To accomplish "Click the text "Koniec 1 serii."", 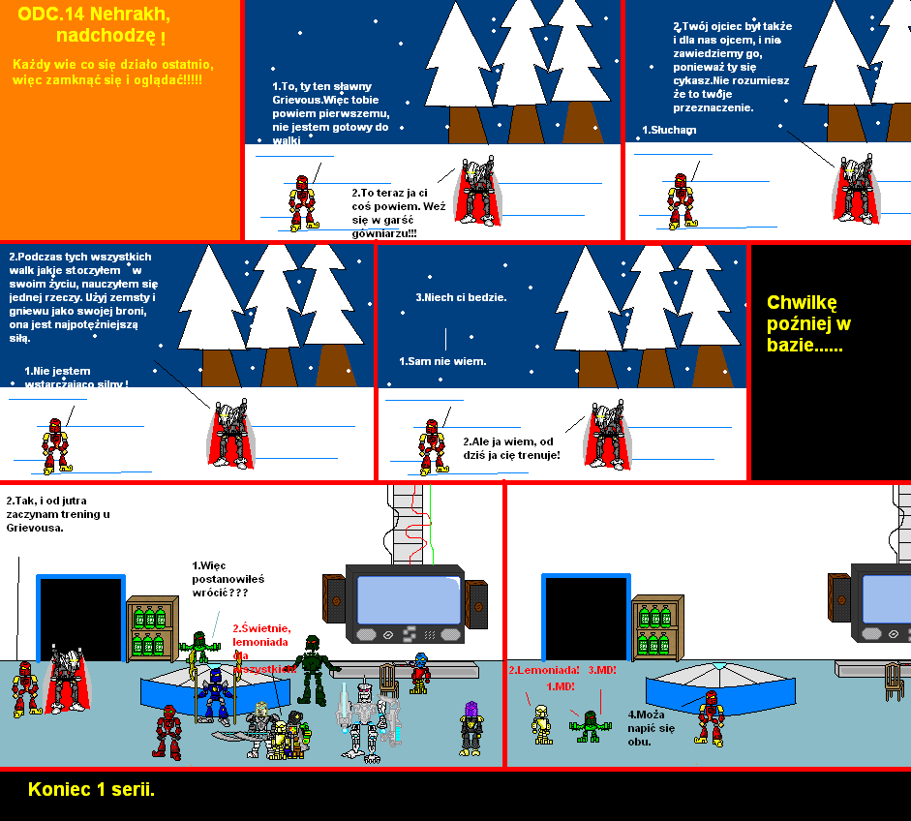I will (92, 789).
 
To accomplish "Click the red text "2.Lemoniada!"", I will (543, 670).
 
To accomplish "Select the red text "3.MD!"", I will (602, 670).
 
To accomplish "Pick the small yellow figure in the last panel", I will (542, 723).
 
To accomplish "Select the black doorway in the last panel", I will (586, 620).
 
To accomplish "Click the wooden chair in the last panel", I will (896, 682).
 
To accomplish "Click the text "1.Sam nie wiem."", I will (442, 361).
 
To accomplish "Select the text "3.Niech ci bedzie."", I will (461, 297).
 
